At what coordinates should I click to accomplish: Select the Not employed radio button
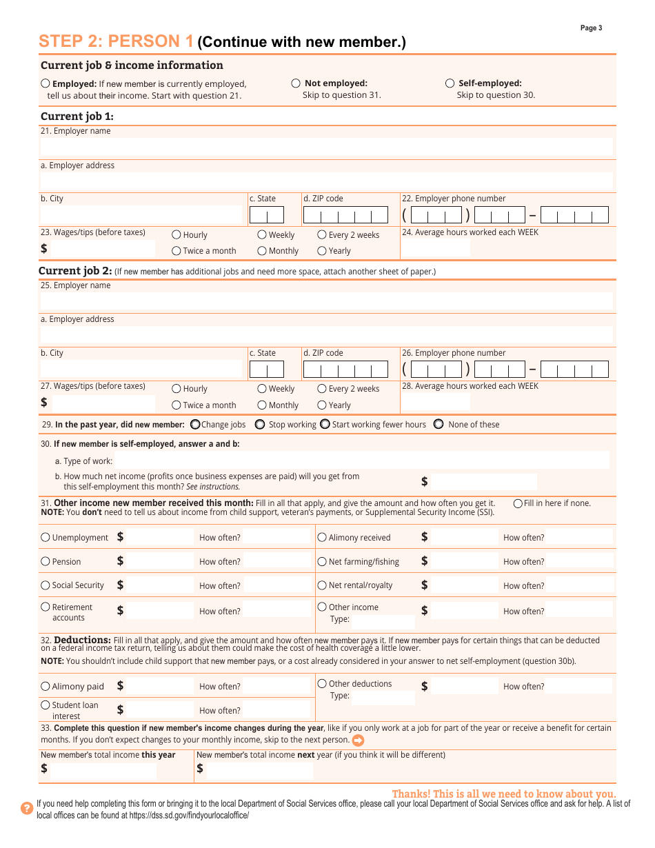coord(296,83)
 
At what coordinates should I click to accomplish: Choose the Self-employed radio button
coord(450,83)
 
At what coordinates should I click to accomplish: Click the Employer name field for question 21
coord(326,147)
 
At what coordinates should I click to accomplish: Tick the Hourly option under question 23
coord(177,235)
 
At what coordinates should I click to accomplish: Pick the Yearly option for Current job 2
coord(322,405)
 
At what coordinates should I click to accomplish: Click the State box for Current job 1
coord(266,215)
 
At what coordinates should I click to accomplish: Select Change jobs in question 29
coord(195,425)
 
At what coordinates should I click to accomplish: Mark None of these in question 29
coord(439,425)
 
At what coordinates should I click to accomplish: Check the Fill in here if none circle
coord(518,503)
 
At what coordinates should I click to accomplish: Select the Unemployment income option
coord(46,537)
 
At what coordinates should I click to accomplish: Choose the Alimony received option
coord(322,537)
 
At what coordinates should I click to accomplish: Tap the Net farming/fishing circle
coord(322,561)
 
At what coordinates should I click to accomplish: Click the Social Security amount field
coord(160,585)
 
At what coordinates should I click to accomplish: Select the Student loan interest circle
coord(46,705)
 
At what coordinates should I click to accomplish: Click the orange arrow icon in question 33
coord(358,740)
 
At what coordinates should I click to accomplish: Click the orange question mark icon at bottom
coord(27,808)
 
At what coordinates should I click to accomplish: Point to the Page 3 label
coord(591,28)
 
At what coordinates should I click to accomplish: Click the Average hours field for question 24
coord(436,248)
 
